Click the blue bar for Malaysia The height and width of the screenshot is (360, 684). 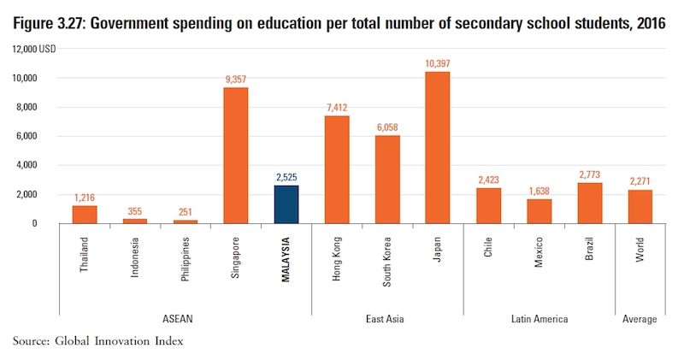(x=286, y=204)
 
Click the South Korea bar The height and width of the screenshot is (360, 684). (x=387, y=179)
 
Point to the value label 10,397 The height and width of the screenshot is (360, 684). (x=438, y=64)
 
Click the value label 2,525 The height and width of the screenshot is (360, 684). (x=286, y=177)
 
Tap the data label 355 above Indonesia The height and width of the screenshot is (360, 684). (x=135, y=210)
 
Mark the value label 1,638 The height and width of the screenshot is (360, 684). (x=540, y=192)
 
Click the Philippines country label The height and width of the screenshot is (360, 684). (x=186, y=256)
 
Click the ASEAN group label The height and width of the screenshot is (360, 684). (x=186, y=319)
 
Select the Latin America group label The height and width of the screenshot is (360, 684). (x=540, y=319)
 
